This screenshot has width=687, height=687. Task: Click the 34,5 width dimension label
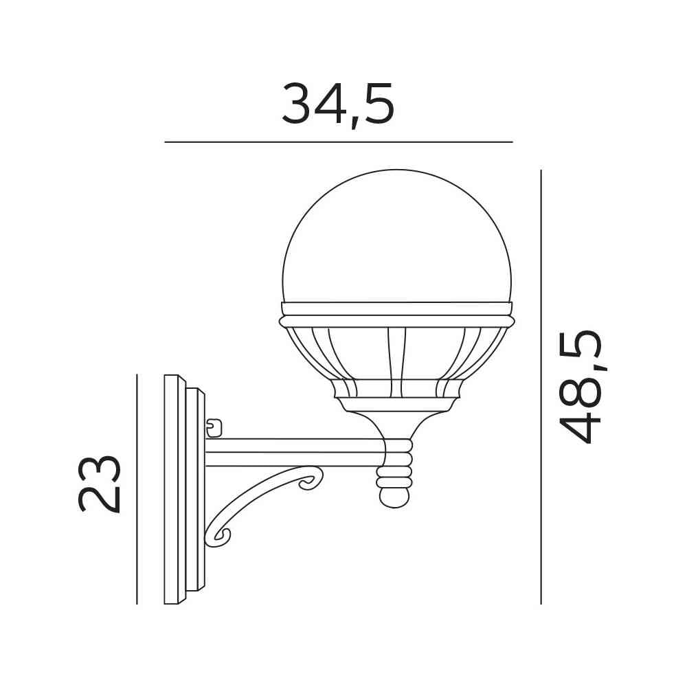click(x=338, y=104)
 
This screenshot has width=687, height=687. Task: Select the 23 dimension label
click(x=100, y=483)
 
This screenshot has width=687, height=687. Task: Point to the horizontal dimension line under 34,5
click(x=338, y=142)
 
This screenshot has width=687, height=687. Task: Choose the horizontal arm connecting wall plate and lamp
click(x=295, y=453)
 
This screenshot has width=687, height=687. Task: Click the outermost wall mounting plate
click(x=171, y=489)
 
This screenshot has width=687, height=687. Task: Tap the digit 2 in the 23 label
click(x=100, y=498)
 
